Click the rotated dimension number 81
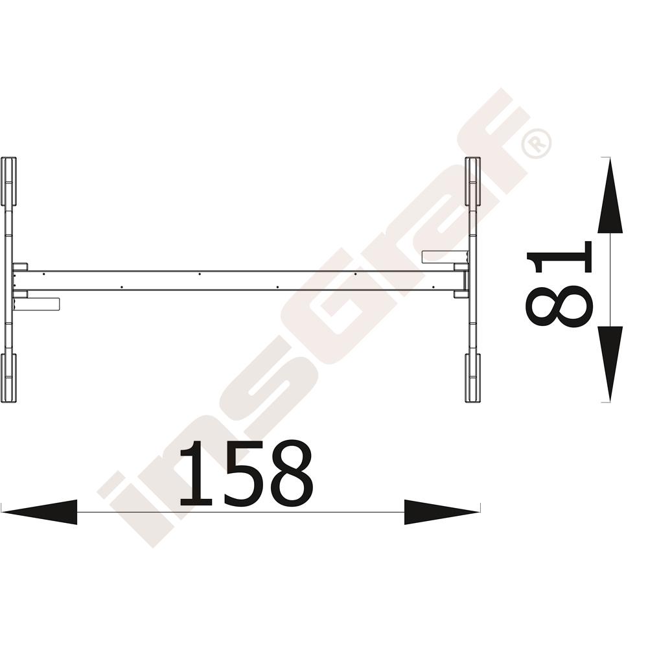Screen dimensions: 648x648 coord(559,284)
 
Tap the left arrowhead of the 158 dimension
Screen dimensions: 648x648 coord(40,512)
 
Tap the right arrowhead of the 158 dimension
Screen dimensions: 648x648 coord(442,512)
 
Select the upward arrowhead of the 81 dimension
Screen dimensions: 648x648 coord(610,196)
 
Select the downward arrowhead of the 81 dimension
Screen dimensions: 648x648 coord(610,364)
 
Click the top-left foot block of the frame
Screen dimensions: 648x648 coord(8,181)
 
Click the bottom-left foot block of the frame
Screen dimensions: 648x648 coord(8,378)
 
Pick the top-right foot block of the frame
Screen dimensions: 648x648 coord(473,181)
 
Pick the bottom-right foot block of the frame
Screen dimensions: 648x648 coord(473,378)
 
